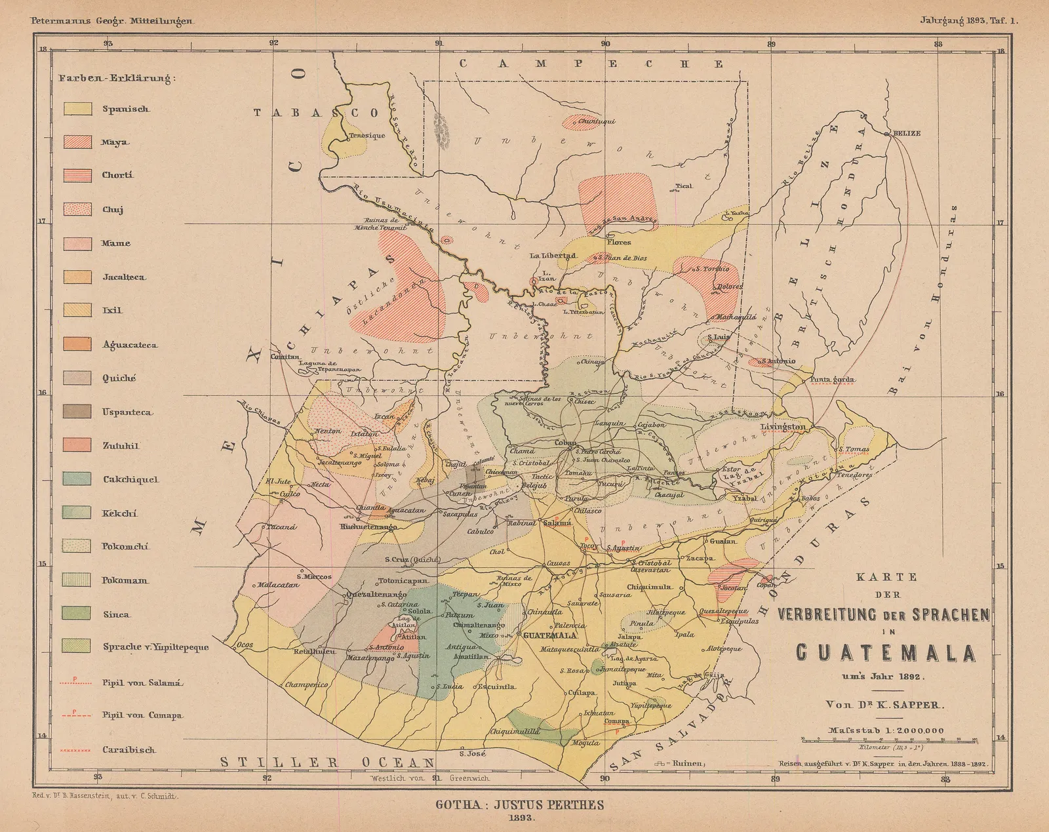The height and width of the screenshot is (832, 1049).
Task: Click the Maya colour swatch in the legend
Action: [77, 142]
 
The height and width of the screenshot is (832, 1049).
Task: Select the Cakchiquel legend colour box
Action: [77, 479]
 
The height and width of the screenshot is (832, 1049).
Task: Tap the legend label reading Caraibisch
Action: [129, 749]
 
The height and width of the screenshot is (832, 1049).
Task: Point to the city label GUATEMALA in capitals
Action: [548, 635]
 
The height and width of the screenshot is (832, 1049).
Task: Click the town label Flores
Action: [619, 242]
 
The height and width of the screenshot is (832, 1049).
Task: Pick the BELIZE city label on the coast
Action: [906, 133]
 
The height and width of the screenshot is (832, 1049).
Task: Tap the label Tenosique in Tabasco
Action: [366, 136]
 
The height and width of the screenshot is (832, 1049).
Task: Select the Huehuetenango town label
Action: [369, 526]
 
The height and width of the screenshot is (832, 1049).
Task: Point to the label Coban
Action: [566, 443]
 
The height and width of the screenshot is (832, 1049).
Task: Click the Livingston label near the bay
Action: [783, 427]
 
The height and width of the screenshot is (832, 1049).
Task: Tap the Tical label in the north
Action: [683, 186]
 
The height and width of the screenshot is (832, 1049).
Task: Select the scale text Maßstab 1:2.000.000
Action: [885, 730]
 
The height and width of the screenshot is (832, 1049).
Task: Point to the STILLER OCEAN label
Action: [327, 762]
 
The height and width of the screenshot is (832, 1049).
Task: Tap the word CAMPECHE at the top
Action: [591, 64]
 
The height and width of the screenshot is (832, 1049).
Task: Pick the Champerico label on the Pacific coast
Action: [306, 684]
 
